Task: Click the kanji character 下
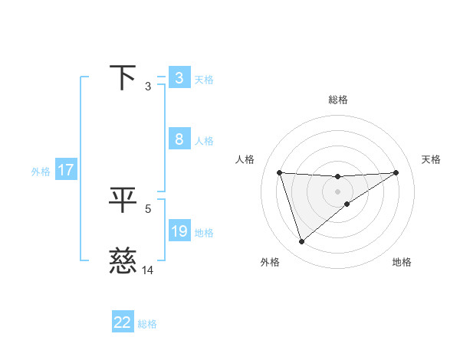(x=123, y=78)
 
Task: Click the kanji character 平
(x=123, y=201)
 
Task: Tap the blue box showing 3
(x=179, y=78)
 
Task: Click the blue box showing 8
(x=179, y=139)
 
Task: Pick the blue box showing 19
(x=179, y=231)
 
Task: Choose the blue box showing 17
(x=66, y=170)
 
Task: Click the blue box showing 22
(x=123, y=322)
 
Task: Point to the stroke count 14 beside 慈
(x=148, y=270)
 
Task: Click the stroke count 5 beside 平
(x=148, y=208)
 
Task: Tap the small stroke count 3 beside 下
(x=148, y=86)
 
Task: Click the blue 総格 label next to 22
(x=147, y=324)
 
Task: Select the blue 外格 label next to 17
(x=41, y=172)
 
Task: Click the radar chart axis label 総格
(x=337, y=100)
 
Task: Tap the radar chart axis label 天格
(x=431, y=159)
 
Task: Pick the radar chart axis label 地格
(x=402, y=262)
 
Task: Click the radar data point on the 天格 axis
(x=396, y=172)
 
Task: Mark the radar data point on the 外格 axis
(x=301, y=241)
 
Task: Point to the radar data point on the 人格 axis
(x=279, y=172)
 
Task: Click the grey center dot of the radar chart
(x=337, y=191)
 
